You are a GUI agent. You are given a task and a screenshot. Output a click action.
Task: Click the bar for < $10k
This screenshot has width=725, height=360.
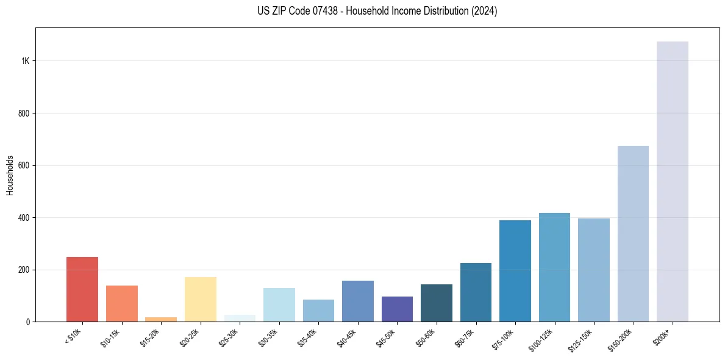coord(82,289)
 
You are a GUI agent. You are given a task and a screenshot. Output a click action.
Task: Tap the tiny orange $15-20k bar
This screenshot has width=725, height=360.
coord(161,319)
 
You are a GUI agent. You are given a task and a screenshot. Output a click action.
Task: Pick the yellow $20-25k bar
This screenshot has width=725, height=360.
coord(201,299)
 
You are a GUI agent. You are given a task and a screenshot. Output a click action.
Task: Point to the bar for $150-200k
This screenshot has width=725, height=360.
coord(633,234)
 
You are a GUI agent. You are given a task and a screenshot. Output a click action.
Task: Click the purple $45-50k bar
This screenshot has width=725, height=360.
coord(397,309)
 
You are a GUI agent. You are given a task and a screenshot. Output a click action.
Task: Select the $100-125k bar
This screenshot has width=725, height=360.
coord(554,267)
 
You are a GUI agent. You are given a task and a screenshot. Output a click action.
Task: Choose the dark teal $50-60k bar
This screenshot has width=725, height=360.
coord(437,303)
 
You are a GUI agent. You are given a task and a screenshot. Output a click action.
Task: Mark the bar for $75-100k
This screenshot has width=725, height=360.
coord(515,271)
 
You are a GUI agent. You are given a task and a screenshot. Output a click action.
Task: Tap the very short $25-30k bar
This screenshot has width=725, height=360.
coord(240,319)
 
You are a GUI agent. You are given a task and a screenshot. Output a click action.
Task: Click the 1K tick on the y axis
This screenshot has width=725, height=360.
coord(26,61)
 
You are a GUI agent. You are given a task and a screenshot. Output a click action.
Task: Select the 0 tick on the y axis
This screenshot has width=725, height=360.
coord(28,322)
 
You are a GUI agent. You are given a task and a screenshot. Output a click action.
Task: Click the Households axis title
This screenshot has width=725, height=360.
coord(10,175)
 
